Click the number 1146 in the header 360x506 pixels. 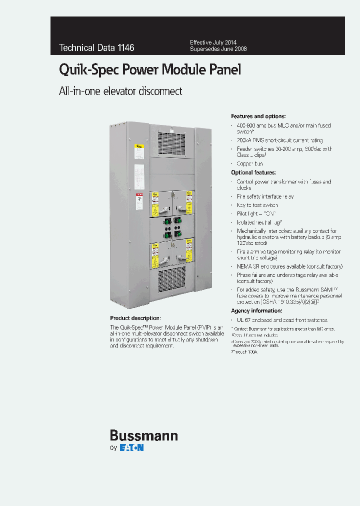click(x=125, y=48)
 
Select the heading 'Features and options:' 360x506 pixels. click(x=258, y=116)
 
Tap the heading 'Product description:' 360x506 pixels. click(x=135, y=318)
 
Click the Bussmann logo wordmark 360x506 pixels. click(x=143, y=435)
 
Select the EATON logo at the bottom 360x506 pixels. click(x=131, y=448)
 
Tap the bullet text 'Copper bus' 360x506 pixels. click(x=250, y=163)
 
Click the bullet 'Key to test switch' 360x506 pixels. click(x=257, y=205)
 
